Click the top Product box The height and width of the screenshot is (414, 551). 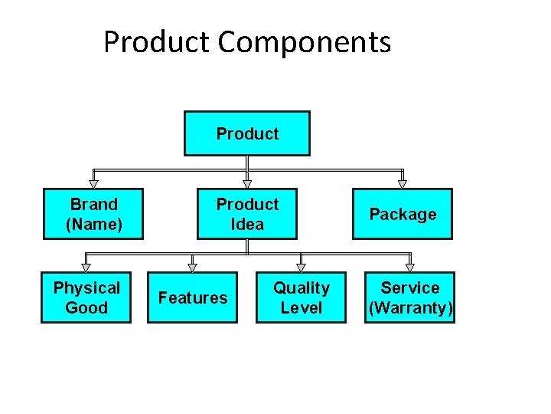point(247,133)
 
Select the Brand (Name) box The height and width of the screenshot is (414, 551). point(93,214)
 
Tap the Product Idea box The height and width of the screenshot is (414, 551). point(247,214)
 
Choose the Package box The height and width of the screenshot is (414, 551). point(403,214)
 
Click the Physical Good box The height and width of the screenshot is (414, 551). point(86,297)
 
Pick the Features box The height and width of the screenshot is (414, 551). point(192,297)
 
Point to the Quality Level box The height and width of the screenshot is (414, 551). point(301,297)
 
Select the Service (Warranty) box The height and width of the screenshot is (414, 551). point(410,297)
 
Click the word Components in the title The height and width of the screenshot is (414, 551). point(304,42)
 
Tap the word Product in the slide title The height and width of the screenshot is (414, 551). point(157,42)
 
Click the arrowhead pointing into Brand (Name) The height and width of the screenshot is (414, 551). point(93,184)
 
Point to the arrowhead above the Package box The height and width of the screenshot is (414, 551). point(403,184)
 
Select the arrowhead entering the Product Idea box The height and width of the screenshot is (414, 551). point(247,184)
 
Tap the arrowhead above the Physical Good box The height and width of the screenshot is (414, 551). point(86,268)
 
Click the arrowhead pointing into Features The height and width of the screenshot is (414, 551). point(192,268)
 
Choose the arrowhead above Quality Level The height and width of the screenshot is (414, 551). point(301,268)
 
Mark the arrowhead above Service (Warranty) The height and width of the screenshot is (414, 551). point(410,268)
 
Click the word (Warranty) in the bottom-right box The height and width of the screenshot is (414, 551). point(411,308)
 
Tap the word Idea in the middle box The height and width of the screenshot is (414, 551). point(247,225)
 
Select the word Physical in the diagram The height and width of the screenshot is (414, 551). point(86,288)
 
